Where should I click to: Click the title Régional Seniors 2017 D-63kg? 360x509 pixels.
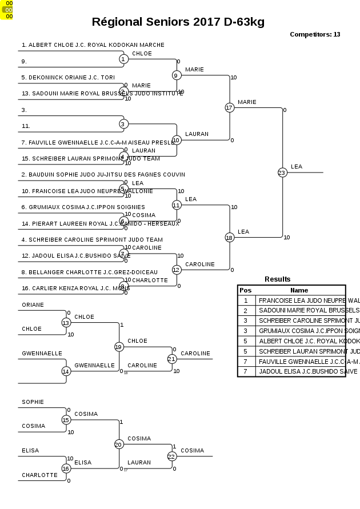pos(178,22)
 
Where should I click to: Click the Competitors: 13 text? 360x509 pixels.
pos(315,34)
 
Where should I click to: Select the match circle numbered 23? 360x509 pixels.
pos(282,172)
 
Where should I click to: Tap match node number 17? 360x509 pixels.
pos(229,107)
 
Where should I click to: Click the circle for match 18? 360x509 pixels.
pos(229,237)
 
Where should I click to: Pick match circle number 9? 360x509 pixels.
pos(177,75)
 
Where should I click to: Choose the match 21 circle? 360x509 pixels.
pos(172,359)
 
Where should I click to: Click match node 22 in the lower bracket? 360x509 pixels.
pos(172,456)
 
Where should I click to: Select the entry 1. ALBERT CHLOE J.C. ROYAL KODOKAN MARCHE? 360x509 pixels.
pos(93,45)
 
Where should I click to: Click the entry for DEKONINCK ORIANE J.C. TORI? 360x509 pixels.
pos(68,77)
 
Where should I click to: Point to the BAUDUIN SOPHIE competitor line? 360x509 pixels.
pos(103,174)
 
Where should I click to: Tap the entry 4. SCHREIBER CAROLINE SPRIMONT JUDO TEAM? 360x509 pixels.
pos(92,239)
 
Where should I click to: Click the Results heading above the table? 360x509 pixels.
pos(277,279)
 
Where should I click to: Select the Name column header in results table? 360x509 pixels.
pos(299,290)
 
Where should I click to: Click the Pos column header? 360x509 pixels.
pos(245,290)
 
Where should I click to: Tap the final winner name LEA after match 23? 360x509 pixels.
pos(297,167)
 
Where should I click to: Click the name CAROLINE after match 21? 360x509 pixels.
pos(195,354)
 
